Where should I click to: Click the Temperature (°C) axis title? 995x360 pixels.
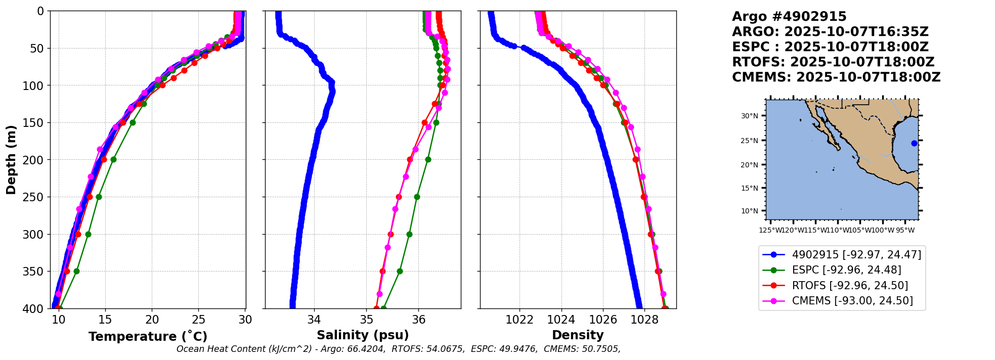(x=148, y=336)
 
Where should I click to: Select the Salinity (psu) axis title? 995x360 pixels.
(x=363, y=335)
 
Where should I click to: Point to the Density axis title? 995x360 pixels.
(x=578, y=335)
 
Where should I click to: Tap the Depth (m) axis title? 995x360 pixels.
(x=11, y=159)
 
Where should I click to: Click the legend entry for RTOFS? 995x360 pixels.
(x=850, y=286)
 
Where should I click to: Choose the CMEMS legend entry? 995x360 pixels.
(x=852, y=301)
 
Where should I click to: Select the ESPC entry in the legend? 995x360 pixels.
(x=846, y=270)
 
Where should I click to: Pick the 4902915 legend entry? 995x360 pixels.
(x=856, y=254)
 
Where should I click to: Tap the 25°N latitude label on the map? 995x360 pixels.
(x=750, y=141)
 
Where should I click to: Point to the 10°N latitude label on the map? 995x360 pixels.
(x=750, y=211)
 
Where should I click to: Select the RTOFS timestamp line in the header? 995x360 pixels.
(x=833, y=62)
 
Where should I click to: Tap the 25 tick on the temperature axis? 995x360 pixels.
(x=199, y=320)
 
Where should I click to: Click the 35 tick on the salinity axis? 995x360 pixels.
(x=366, y=320)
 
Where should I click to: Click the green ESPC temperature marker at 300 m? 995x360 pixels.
(x=88, y=234)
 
